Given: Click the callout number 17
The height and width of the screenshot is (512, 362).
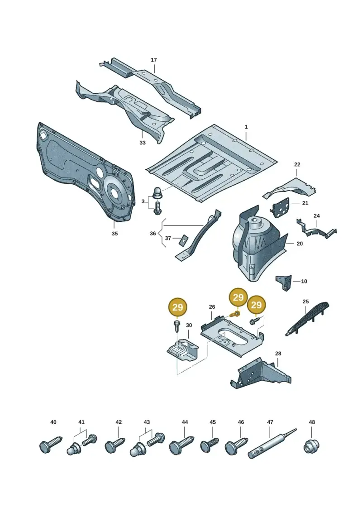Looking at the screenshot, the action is point(154,60).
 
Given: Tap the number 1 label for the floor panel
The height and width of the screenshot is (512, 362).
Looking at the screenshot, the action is point(246,127).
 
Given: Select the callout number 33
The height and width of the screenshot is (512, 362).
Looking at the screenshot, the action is point(143,143).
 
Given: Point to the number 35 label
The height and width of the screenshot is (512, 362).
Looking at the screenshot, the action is point(114,234).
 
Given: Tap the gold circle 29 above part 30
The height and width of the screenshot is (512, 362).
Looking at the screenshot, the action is point(177,307).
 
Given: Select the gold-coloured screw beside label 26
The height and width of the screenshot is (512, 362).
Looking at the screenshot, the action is point(234,315).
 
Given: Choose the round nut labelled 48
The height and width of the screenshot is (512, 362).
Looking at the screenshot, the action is point(311,446).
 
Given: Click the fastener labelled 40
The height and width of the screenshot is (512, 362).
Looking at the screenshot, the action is point(50,444).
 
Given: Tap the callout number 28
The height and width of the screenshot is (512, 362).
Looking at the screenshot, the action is point(278,354).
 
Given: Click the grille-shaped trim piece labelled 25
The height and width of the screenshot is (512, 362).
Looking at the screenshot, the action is point(307,319).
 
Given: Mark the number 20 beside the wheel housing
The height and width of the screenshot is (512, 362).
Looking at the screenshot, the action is point(300,244).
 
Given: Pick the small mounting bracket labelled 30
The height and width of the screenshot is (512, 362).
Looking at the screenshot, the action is point(183,350).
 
